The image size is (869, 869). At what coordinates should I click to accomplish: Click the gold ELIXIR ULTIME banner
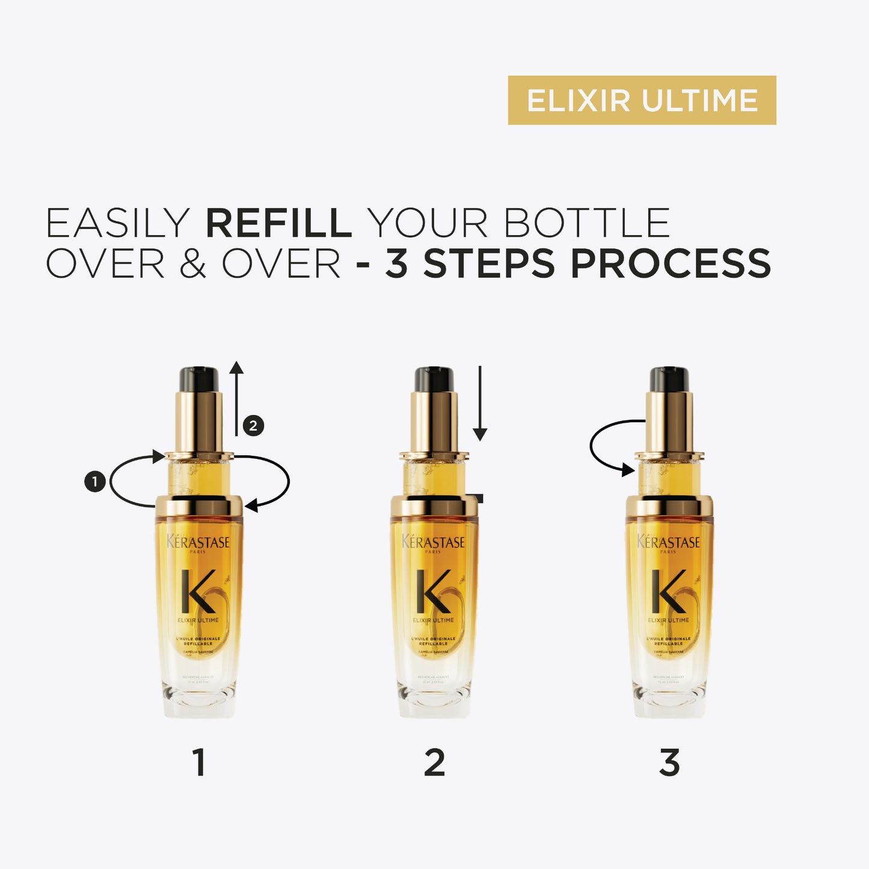(642, 100)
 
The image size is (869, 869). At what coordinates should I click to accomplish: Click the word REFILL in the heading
(278, 223)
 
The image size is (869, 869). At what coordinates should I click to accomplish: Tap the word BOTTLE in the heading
(586, 223)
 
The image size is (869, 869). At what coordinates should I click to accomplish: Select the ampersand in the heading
(192, 264)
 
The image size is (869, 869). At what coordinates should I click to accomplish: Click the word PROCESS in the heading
(670, 264)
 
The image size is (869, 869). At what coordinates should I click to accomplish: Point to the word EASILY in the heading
(118, 223)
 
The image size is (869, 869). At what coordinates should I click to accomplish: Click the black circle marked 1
(95, 481)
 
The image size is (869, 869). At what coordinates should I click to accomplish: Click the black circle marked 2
(253, 426)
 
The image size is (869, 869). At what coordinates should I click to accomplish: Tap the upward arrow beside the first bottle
(236, 397)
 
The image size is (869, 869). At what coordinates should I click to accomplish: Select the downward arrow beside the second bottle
(479, 403)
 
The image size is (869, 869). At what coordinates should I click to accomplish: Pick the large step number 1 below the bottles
(199, 763)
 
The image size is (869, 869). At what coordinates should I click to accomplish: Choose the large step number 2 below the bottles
(434, 763)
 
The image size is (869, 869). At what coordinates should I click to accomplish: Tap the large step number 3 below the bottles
(669, 763)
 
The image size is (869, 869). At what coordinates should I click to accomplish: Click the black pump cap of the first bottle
(198, 379)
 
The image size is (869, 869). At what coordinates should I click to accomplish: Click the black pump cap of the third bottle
(669, 379)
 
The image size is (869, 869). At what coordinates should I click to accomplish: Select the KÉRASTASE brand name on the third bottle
(669, 542)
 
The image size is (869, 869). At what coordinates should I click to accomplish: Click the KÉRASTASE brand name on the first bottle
(198, 542)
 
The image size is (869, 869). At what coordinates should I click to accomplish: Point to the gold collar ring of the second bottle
(434, 505)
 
